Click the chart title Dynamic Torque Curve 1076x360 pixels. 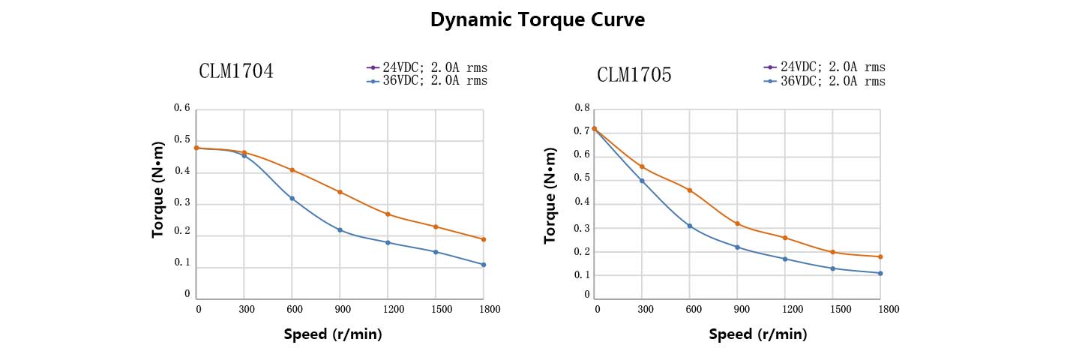click(537, 20)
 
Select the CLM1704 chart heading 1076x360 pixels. click(235, 71)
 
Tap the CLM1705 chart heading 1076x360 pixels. click(634, 75)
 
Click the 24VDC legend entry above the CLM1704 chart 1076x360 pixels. click(427, 67)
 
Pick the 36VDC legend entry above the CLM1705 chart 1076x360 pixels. click(825, 81)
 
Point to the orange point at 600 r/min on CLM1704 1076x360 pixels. click(292, 170)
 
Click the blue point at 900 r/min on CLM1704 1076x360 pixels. click(340, 229)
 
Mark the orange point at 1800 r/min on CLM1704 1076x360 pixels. click(484, 239)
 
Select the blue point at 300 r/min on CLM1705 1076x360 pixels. click(642, 181)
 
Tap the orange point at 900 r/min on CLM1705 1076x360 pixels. click(737, 223)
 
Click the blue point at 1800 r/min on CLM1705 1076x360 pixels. click(880, 273)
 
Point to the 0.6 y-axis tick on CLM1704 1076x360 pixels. click(182, 108)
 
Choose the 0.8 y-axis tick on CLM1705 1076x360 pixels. click(582, 108)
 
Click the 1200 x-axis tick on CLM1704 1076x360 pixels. click(388, 309)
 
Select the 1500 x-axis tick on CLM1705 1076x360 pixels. click(832, 309)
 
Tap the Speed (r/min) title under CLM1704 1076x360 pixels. click(333, 334)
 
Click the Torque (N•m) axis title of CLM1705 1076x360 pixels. click(550, 195)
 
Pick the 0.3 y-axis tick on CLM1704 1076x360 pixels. click(182, 203)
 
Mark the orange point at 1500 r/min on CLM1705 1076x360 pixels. click(832, 252)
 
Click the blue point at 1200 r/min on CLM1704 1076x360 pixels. click(388, 242)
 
